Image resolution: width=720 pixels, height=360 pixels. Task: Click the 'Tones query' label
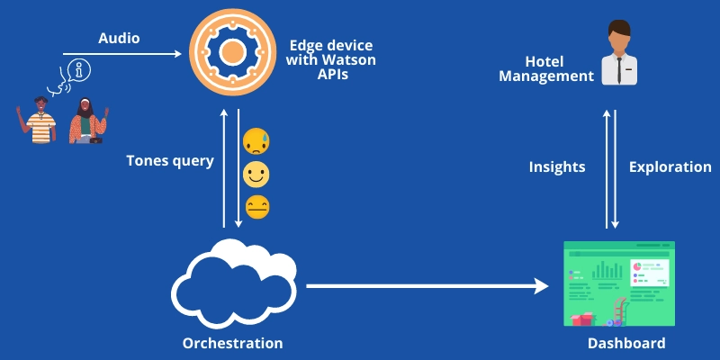170,161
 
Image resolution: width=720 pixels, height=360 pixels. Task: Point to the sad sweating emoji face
256,141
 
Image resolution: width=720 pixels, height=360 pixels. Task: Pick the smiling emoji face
256,174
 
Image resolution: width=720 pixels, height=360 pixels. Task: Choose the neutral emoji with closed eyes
256,206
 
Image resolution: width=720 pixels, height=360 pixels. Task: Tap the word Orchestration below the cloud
232,343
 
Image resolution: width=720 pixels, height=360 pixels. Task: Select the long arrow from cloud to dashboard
427,286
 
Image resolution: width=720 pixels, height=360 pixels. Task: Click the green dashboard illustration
617,283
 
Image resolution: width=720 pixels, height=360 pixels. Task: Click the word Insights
557,166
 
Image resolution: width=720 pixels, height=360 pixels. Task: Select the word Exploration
670,166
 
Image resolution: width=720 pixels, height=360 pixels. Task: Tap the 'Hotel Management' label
559,69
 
